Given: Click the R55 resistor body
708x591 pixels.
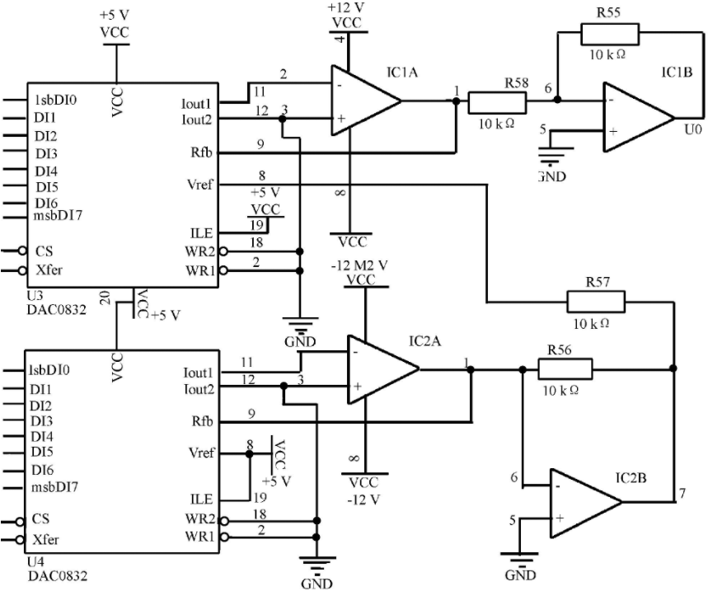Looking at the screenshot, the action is pyautogui.click(x=610, y=35).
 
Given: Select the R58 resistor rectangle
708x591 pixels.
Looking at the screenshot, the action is pyautogui.click(x=497, y=102).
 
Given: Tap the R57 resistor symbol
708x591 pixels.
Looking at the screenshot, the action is pyautogui.click(x=596, y=302).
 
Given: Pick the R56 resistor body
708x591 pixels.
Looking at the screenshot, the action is pyautogui.click(x=565, y=369).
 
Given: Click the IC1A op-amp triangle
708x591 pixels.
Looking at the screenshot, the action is pyautogui.click(x=366, y=101).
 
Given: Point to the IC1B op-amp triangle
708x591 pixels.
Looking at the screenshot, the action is pyautogui.click(x=639, y=117).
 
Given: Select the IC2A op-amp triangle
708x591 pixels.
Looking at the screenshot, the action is pyautogui.click(x=383, y=369).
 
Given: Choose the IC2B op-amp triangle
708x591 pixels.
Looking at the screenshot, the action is pyautogui.click(x=586, y=503).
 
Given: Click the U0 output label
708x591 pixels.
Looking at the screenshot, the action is pyautogui.click(x=693, y=129).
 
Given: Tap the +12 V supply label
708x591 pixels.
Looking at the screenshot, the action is pyautogui.click(x=346, y=7).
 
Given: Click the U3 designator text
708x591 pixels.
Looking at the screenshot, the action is pyautogui.click(x=35, y=296).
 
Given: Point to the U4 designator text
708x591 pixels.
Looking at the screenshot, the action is pyautogui.click(x=35, y=562).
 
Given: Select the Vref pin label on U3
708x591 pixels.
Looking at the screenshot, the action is pyautogui.click(x=199, y=185).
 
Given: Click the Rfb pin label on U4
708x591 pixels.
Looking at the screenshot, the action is pyautogui.click(x=202, y=421).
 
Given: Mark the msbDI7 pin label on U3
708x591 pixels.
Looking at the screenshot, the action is pyautogui.click(x=58, y=215).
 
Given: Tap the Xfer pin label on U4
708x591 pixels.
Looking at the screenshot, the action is pyautogui.click(x=45, y=540).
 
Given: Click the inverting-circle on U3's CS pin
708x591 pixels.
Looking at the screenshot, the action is pyautogui.click(x=21, y=251).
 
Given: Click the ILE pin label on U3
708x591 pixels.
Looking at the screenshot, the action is pyautogui.click(x=201, y=233).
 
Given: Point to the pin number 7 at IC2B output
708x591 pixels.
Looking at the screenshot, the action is pyautogui.click(x=682, y=494).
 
